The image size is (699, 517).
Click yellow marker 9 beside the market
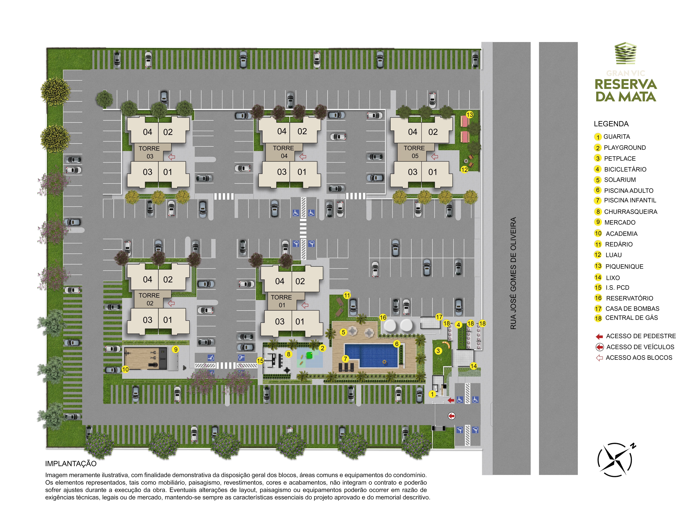point(176,349)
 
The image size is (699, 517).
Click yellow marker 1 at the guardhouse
point(432,394)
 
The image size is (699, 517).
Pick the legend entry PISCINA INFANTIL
point(630,200)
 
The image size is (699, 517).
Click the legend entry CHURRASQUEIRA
point(630,212)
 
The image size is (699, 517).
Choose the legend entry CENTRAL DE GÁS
point(631,318)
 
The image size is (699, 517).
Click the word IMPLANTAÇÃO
point(71,463)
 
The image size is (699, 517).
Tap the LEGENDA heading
point(611,124)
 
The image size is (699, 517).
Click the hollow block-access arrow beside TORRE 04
point(303,157)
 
